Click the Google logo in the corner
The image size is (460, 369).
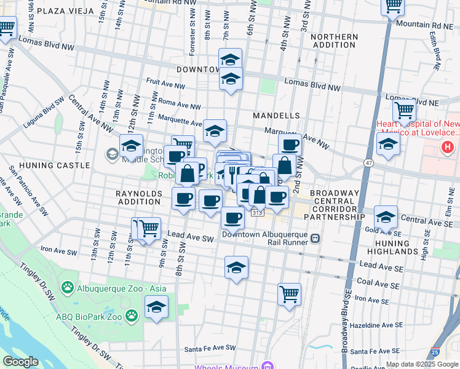tap(20, 362)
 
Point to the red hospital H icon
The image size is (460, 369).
tap(447, 148)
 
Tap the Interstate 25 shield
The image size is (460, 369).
tap(435, 352)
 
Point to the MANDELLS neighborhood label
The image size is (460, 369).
tap(276, 116)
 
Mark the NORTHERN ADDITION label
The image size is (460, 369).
tap(334, 42)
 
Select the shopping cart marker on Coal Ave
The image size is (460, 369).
tap(289, 293)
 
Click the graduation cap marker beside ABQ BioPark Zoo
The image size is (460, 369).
tap(156, 307)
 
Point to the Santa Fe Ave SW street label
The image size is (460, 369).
tap(210, 349)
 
